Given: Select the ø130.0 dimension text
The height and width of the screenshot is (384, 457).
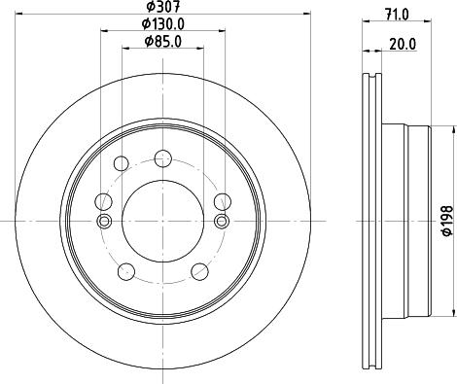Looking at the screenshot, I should pos(161,24).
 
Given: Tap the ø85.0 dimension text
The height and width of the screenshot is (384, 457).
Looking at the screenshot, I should pos(161,41).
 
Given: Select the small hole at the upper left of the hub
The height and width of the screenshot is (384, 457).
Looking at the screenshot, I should pos(123,164).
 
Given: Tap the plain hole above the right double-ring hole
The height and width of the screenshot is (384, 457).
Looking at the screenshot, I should pos(220,201).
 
